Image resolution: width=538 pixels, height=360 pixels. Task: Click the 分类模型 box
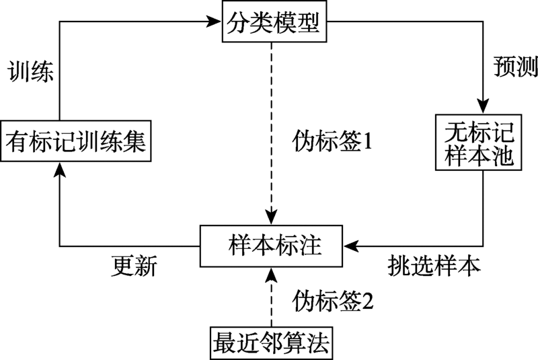274,22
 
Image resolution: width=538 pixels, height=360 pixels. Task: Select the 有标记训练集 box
76,141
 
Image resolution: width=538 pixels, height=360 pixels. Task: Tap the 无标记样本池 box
479,143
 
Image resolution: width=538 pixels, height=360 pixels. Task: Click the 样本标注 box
271,246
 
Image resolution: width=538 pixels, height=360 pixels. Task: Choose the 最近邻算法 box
271,343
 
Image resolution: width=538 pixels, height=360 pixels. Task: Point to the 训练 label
30,72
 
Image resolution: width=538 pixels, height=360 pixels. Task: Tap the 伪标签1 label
332,141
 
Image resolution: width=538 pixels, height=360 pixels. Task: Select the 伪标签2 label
333,301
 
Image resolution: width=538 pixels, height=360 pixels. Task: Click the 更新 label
134,266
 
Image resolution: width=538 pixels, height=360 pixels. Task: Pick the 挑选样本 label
434,265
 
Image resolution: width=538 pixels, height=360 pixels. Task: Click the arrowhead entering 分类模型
214,22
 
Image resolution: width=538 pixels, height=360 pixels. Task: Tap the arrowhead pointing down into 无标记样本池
483,106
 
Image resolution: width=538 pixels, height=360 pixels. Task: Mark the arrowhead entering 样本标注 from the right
351,246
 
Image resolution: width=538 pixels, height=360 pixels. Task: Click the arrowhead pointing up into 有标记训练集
60,170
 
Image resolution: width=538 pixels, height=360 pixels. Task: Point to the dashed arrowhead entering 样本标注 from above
272,217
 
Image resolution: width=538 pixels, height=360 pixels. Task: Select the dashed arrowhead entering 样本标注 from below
272,275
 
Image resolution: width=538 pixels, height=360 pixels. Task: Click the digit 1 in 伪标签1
367,141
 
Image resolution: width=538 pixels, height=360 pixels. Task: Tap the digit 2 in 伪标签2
368,301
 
